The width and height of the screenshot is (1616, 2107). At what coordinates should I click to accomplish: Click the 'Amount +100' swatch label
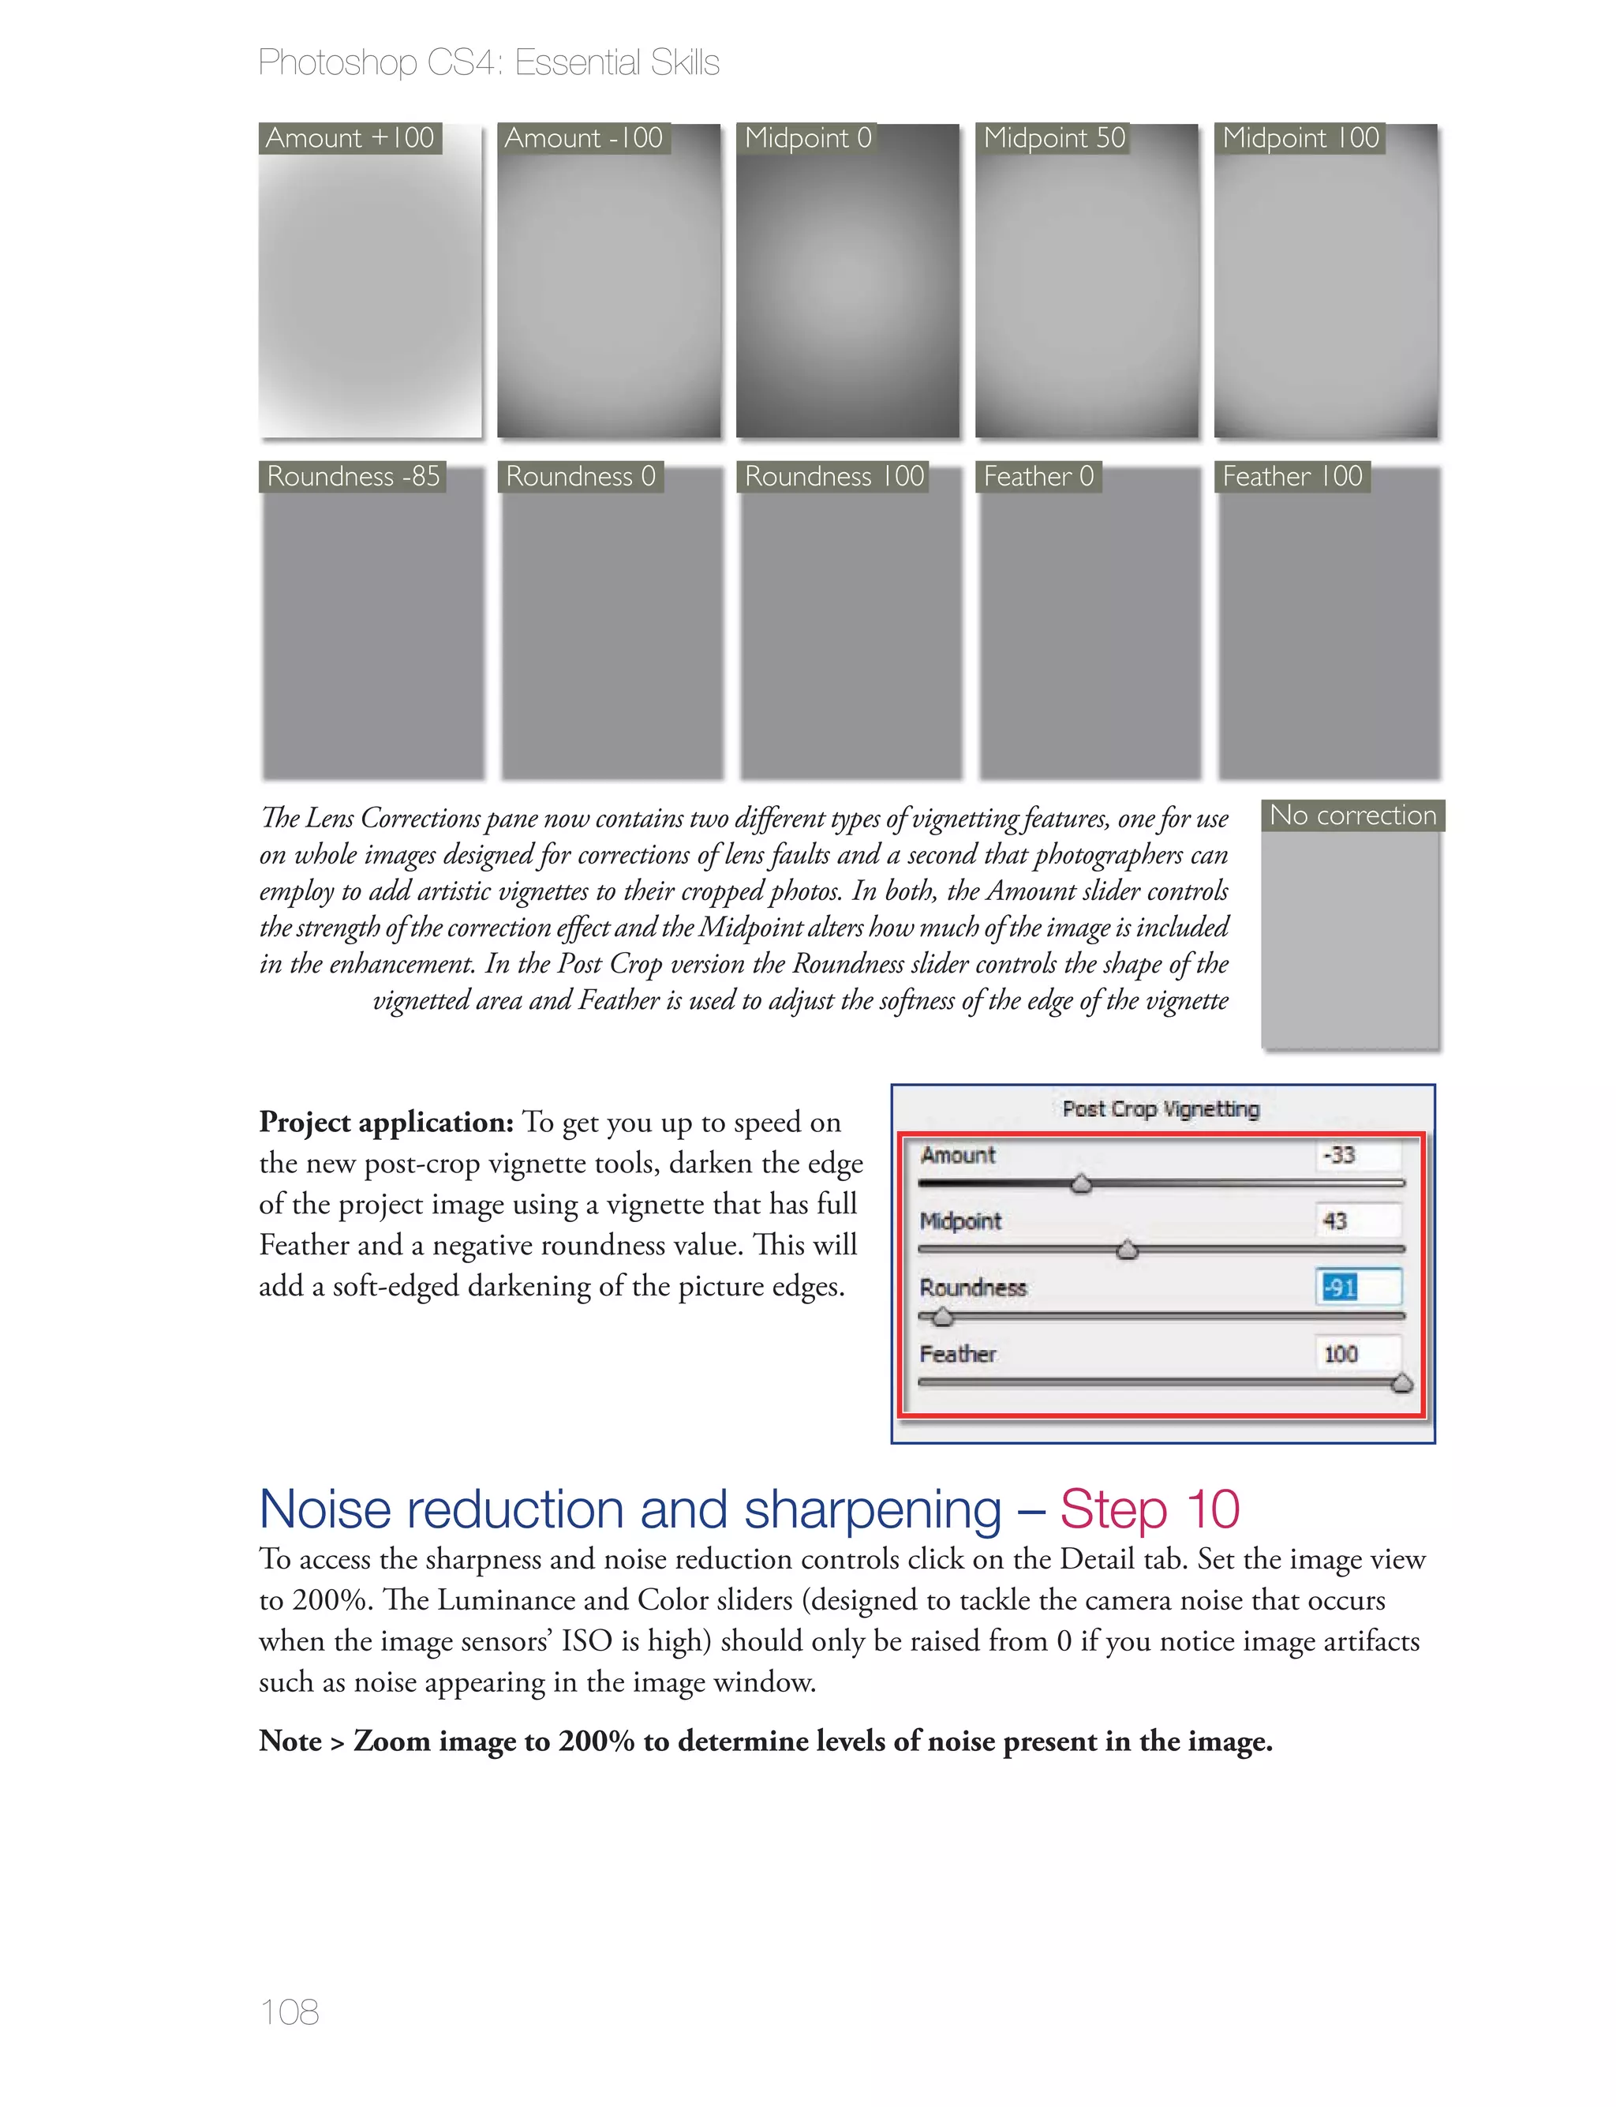350,138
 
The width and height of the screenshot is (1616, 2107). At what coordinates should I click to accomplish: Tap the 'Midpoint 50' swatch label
1053,138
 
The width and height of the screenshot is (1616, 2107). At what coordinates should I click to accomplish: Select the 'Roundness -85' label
353,477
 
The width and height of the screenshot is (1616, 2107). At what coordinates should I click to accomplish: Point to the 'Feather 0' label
1039,477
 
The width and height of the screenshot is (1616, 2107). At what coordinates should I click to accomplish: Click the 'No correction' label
1352,815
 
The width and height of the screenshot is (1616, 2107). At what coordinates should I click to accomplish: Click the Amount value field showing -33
1357,1154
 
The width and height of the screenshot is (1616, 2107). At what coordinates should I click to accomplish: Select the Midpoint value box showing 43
1357,1221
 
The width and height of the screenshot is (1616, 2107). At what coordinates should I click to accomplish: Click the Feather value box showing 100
1357,1354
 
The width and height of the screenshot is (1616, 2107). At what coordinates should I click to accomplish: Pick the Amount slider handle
1081,1184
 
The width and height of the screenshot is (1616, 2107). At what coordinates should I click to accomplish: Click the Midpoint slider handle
1128,1250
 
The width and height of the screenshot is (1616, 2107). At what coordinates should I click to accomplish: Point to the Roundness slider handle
943,1317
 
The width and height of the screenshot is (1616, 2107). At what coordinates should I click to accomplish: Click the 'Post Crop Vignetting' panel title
1160,1109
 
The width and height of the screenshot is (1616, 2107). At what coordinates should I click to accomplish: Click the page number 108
289,2011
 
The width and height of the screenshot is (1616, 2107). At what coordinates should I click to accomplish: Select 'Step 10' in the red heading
1150,1509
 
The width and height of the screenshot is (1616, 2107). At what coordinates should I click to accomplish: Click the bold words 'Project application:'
386,1123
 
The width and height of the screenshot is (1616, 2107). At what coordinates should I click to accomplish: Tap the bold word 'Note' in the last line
290,1741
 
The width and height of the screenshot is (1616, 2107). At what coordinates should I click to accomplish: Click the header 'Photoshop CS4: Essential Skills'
488,62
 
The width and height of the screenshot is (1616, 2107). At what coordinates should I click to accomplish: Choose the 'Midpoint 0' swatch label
807,138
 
